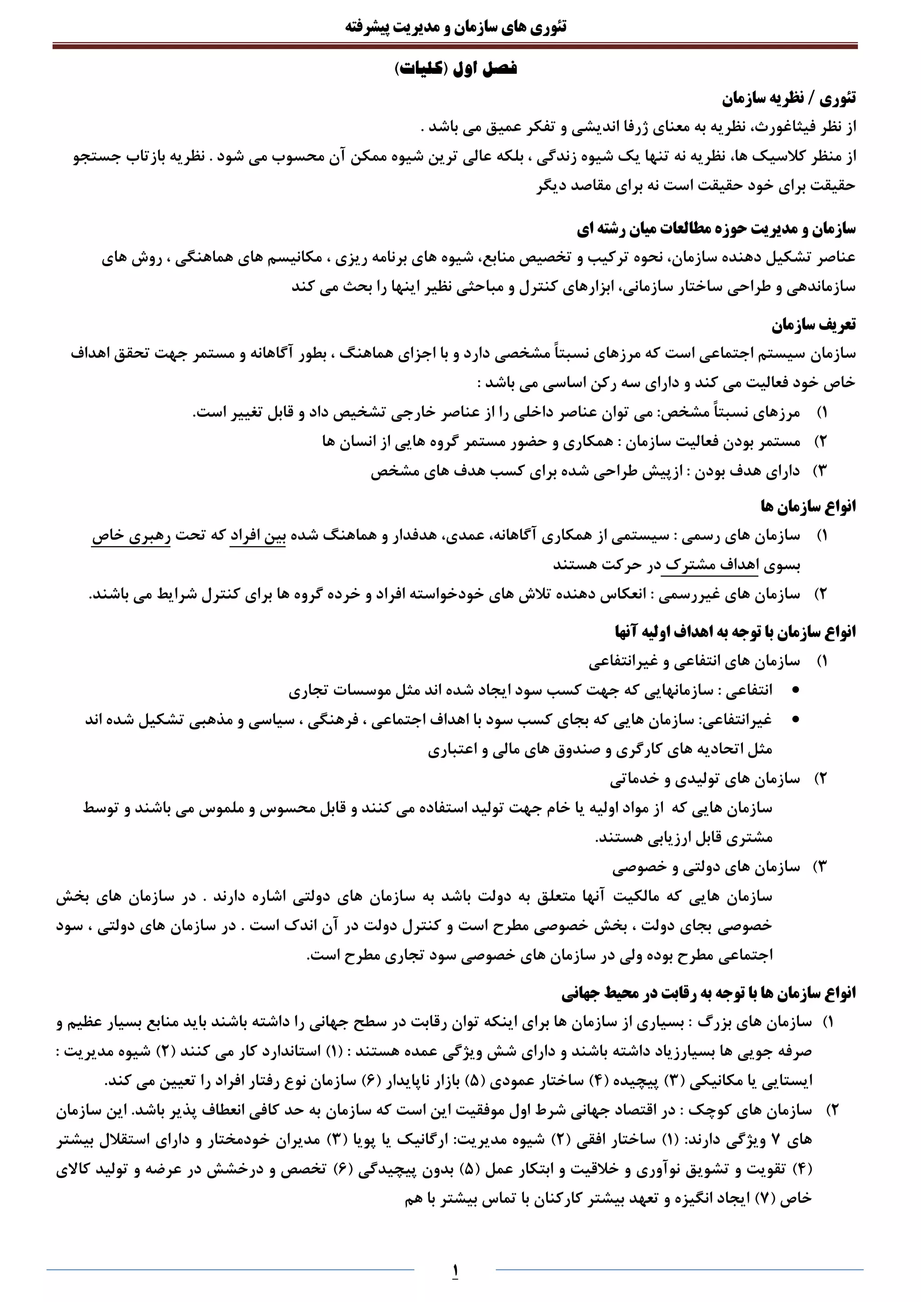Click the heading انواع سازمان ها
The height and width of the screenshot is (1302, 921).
(808, 506)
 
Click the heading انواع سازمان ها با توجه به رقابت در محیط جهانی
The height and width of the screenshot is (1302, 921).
(708, 992)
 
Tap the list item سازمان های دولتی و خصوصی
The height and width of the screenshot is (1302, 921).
(706, 866)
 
